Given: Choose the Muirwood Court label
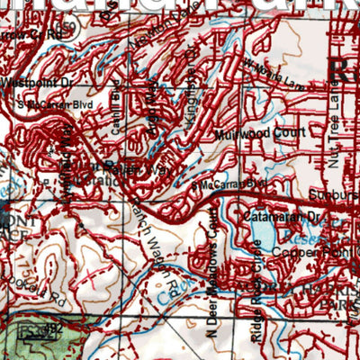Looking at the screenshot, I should pos(248,133).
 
